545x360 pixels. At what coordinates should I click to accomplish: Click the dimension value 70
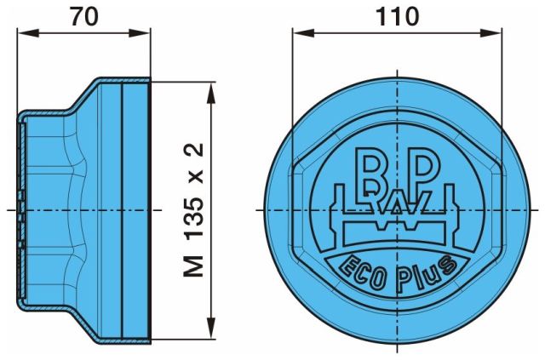pyautogui.click(x=84, y=16)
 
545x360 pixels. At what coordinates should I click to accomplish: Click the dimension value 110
pyautogui.click(x=398, y=16)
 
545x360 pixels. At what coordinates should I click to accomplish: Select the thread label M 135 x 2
pyautogui.click(x=193, y=210)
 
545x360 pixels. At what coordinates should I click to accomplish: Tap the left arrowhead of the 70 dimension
pyautogui.click(x=27, y=33)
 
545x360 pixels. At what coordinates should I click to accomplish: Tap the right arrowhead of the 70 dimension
pyautogui.click(x=140, y=33)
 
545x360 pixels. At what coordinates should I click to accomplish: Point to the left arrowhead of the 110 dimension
pyautogui.click(x=303, y=33)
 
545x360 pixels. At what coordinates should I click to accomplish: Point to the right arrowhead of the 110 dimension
pyautogui.click(x=490, y=33)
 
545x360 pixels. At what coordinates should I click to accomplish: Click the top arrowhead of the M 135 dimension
pyautogui.click(x=211, y=93)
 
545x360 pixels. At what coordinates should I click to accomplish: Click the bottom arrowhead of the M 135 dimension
pyautogui.click(x=211, y=328)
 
